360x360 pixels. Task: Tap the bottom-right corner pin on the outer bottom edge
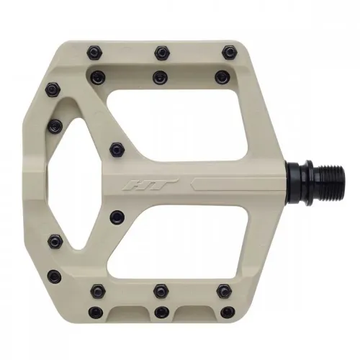(x=228, y=312)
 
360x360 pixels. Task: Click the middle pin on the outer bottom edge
(x=161, y=312)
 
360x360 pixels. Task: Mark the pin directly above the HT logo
(x=116, y=148)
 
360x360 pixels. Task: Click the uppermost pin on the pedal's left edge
(x=52, y=90)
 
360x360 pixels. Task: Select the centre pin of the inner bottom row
(x=161, y=291)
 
